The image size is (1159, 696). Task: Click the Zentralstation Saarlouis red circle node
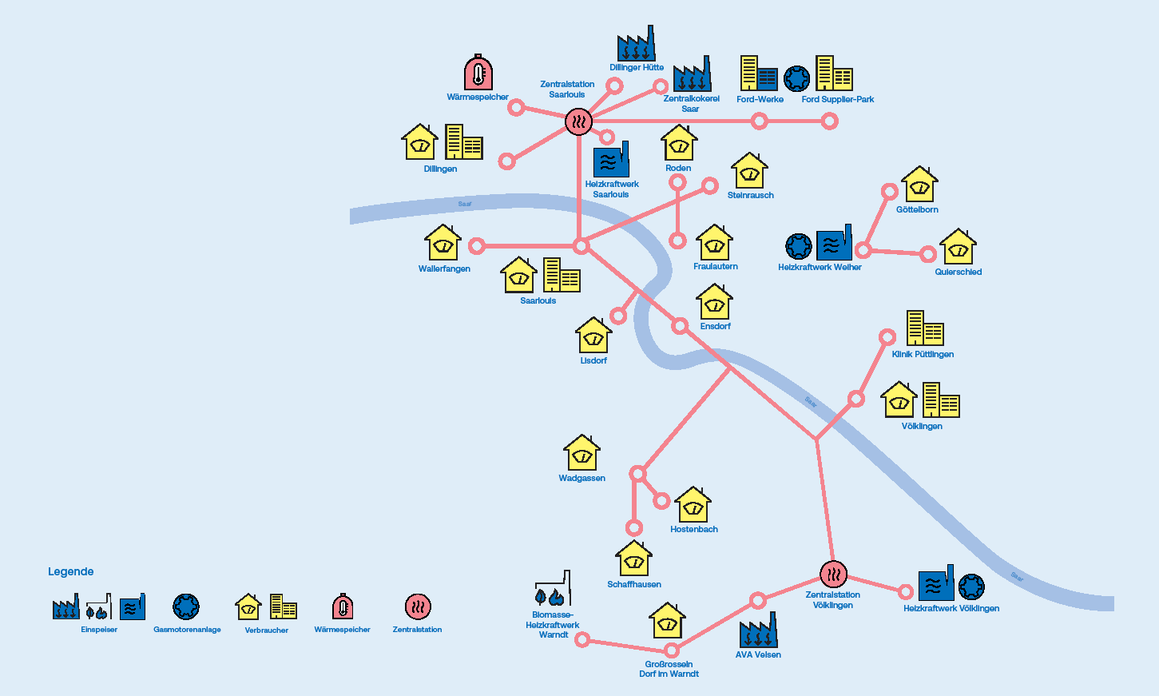(578, 121)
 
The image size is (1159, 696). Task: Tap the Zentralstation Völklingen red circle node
(833, 574)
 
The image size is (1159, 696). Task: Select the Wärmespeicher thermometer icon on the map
(478, 73)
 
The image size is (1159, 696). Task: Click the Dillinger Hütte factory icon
(636, 44)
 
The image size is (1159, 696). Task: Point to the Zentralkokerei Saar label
(691, 104)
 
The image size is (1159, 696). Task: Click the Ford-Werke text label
(760, 99)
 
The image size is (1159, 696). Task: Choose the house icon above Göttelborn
(919, 185)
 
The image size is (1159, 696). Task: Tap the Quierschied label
(958, 272)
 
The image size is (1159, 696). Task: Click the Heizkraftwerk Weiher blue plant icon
(834, 243)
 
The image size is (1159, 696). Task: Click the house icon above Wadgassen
(581, 453)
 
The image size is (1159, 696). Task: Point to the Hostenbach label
(693, 529)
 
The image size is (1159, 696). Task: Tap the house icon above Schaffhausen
(633, 559)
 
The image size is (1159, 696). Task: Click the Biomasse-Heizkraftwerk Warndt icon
(553, 590)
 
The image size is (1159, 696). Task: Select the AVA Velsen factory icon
(758, 630)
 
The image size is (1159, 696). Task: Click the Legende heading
(70, 571)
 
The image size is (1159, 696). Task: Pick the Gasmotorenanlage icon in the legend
(186, 607)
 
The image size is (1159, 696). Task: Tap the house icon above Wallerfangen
(443, 243)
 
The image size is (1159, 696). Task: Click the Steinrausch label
(750, 195)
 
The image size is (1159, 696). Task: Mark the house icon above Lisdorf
(593, 336)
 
